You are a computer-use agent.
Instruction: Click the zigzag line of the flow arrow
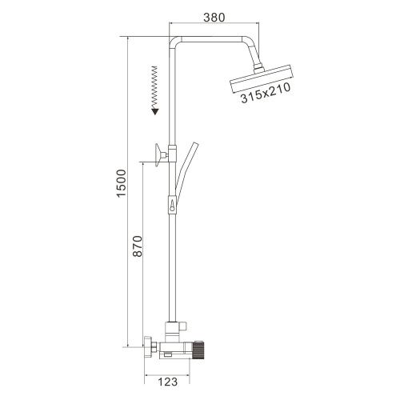(153, 88)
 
